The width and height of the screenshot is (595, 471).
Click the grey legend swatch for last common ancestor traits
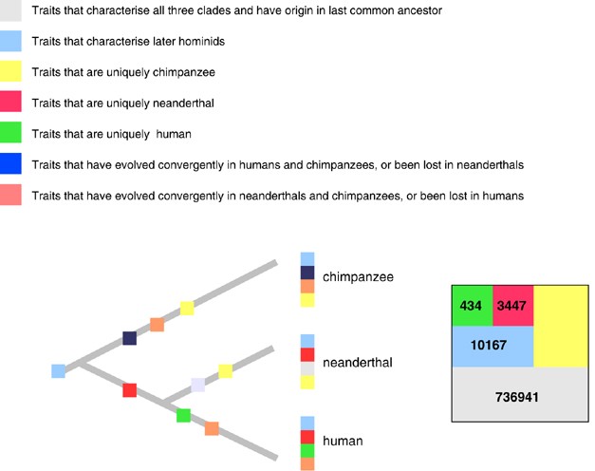click(x=11, y=11)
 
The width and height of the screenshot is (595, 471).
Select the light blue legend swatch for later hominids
click(x=11, y=41)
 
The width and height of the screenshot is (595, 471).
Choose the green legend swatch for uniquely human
click(x=11, y=133)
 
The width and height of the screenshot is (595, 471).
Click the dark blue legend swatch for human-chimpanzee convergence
click(x=11, y=164)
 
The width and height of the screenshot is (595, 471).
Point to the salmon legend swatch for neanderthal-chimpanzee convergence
click(x=11, y=195)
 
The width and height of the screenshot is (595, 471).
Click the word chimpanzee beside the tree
click(x=357, y=277)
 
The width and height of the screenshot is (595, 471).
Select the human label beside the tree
click(x=343, y=442)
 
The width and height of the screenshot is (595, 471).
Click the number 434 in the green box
click(x=471, y=306)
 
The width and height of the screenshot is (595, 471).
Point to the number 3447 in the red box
click(x=512, y=306)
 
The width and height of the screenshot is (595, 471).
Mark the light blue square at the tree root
click(x=59, y=371)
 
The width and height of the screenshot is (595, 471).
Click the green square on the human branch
click(x=184, y=415)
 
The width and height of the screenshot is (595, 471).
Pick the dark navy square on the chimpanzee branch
click(x=129, y=338)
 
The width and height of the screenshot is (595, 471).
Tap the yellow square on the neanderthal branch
click(x=226, y=371)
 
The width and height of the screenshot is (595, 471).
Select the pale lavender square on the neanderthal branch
click(x=197, y=385)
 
